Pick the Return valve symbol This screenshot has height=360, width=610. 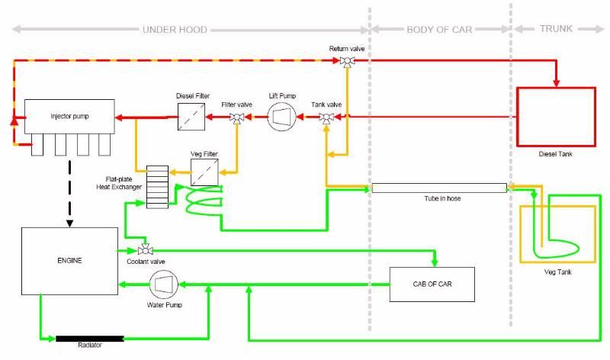click(x=347, y=62)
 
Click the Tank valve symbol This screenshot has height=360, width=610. click(x=326, y=117)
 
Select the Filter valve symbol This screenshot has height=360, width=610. click(x=236, y=117)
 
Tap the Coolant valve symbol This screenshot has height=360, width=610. click(x=146, y=250)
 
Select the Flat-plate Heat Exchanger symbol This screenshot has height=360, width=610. click(x=158, y=187)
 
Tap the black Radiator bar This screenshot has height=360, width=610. click(x=90, y=339)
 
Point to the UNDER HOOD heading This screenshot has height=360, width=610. click(x=175, y=30)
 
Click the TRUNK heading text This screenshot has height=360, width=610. click(x=556, y=29)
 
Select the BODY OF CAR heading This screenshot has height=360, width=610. click(x=439, y=30)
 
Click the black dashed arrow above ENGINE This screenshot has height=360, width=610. click(x=69, y=194)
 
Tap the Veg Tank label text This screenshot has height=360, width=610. click(x=557, y=272)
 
